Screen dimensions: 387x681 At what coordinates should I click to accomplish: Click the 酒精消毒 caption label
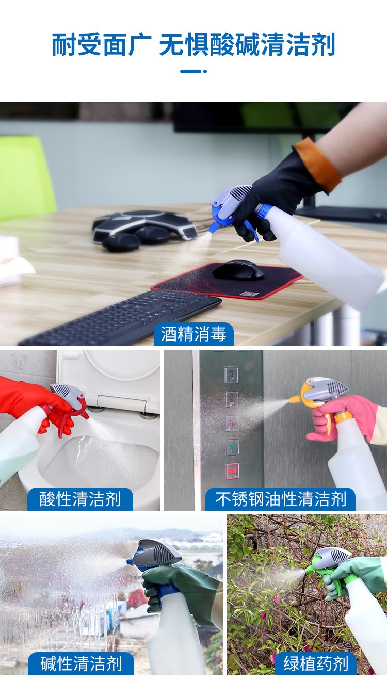coord(193,334)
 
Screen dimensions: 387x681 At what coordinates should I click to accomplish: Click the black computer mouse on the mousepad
coord(238,269)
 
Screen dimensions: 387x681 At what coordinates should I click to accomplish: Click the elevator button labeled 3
coord(232,374)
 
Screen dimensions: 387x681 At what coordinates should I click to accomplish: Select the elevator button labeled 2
coord(232,399)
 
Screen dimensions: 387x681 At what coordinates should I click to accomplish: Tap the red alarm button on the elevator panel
coord(232,471)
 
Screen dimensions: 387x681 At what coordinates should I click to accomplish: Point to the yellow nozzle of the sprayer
coord(295,399)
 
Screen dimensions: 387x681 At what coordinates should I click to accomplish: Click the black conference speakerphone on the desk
coord(143,230)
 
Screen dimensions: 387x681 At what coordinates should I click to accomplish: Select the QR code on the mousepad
coord(249,294)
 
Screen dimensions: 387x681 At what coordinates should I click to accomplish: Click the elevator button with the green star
coord(232,447)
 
